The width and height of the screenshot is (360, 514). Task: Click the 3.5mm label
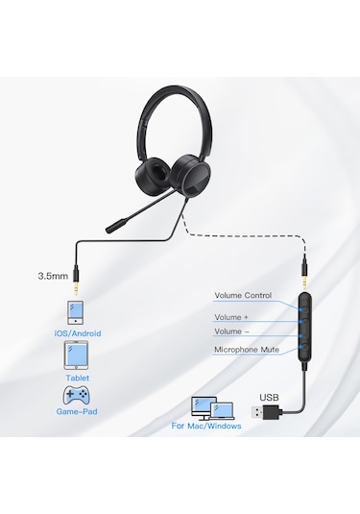[53, 275]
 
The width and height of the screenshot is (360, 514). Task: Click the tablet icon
[78, 356]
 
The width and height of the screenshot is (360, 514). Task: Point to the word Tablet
[78, 378]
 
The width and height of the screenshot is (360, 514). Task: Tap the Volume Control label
[243, 295]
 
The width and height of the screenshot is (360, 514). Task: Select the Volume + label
[232, 316]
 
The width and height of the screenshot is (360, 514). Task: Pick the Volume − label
[232, 331]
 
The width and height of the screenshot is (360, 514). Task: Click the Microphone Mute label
[247, 350]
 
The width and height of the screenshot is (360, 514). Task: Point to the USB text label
[270, 395]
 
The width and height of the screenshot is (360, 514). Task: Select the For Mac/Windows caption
[206, 425]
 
